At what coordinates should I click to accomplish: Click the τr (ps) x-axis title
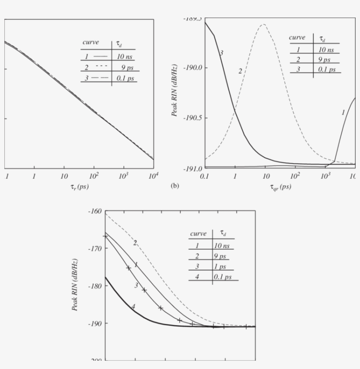79,187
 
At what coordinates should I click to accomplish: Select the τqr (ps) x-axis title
280,187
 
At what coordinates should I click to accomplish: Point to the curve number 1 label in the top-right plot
343,112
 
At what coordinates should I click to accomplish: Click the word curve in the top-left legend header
91,43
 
